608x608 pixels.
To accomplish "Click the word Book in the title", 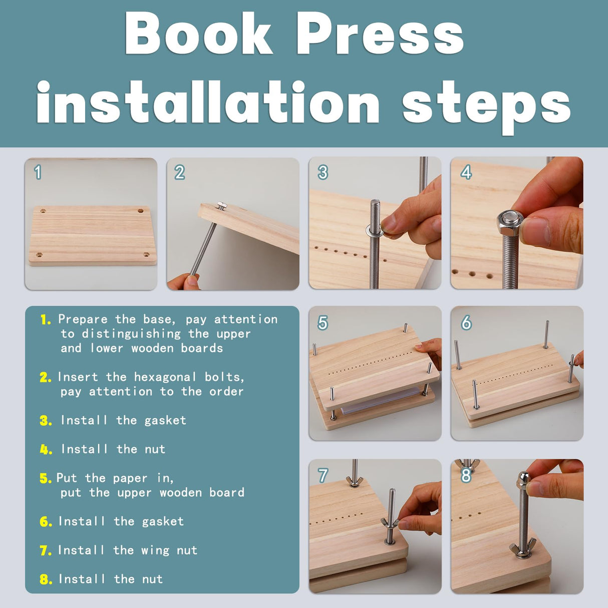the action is (x=198, y=34).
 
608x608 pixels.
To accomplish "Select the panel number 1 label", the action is (x=38, y=172).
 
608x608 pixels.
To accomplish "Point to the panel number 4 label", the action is (x=466, y=172).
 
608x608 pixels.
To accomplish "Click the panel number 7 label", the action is (x=323, y=475).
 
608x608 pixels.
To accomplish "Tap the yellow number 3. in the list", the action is (x=46, y=421).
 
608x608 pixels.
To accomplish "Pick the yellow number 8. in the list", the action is (x=46, y=579).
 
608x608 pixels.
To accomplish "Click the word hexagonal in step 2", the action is (x=165, y=377).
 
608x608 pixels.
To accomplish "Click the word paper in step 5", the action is (x=130, y=479).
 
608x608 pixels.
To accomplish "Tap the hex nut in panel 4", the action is (x=509, y=223).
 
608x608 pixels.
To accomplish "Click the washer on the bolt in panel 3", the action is (x=375, y=230).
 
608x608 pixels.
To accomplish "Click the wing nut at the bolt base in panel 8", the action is (x=522, y=550).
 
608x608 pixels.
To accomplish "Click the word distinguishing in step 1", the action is (x=131, y=334).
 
